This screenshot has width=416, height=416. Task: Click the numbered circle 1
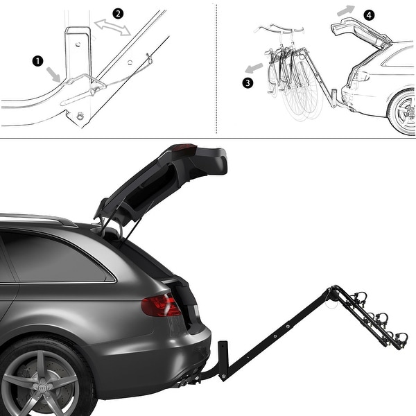[x=37, y=61]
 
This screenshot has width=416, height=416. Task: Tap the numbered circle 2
[x=118, y=14]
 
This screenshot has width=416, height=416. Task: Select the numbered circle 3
[x=248, y=83]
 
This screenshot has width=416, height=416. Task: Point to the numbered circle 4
[x=369, y=15]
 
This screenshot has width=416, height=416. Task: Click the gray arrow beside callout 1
[x=53, y=74]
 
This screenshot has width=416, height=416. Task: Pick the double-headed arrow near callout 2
[x=112, y=27]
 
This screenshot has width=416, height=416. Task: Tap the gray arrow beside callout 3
[x=254, y=68]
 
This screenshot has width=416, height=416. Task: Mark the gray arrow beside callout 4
[x=346, y=10]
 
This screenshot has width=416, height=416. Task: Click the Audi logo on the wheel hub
[x=42, y=388]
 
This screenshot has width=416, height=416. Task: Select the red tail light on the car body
[x=161, y=305]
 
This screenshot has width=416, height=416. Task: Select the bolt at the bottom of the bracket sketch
[x=80, y=115]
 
